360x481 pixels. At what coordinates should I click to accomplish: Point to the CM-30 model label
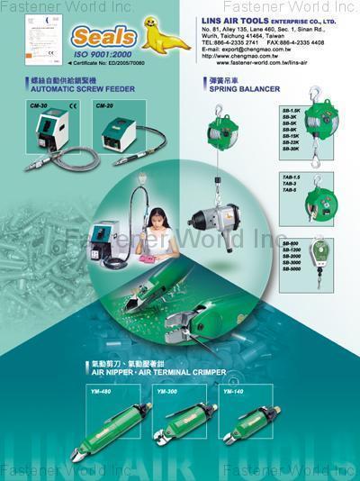pos(38,105)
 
